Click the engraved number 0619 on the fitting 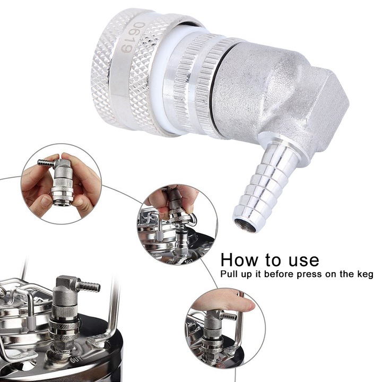(133, 37)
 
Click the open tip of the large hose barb (246, 223)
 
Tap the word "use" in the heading (304, 261)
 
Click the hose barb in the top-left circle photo (46, 163)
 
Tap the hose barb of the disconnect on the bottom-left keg (89, 286)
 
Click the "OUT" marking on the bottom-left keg (76, 359)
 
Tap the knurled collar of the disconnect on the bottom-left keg (65, 329)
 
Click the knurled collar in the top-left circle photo (63, 193)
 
